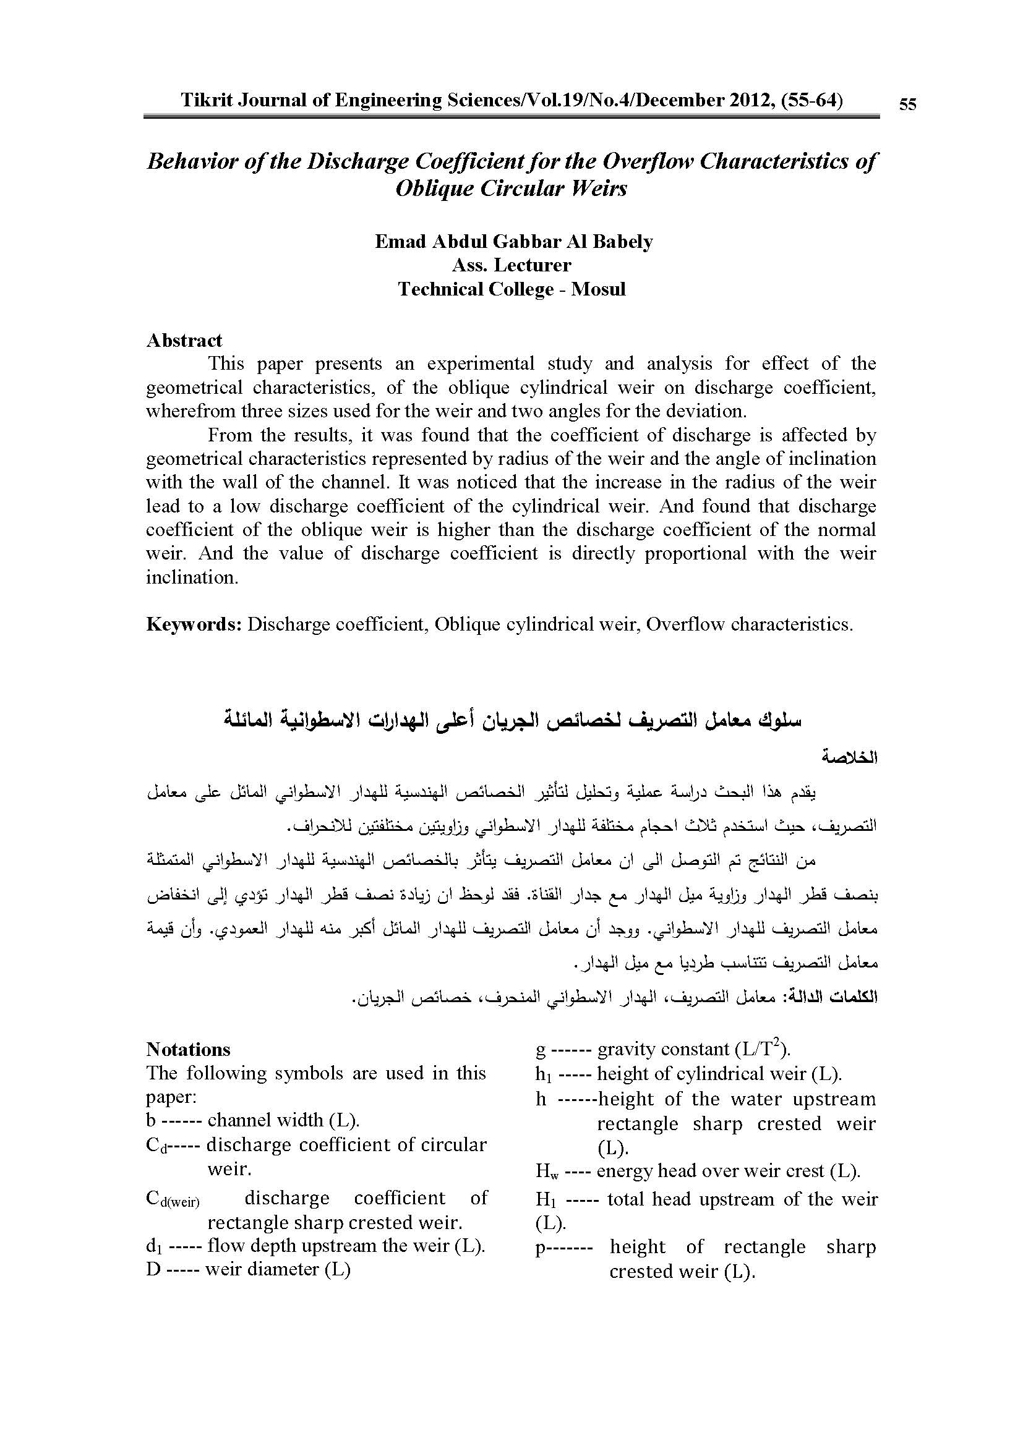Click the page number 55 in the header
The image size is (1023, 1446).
point(907,104)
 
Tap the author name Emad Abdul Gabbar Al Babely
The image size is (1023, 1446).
point(513,242)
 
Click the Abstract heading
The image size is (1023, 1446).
point(184,340)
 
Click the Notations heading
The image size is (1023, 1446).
point(189,1049)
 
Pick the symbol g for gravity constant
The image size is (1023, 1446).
point(540,1050)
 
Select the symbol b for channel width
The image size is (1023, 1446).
point(151,1120)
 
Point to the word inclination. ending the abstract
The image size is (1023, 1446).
point(192,577)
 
